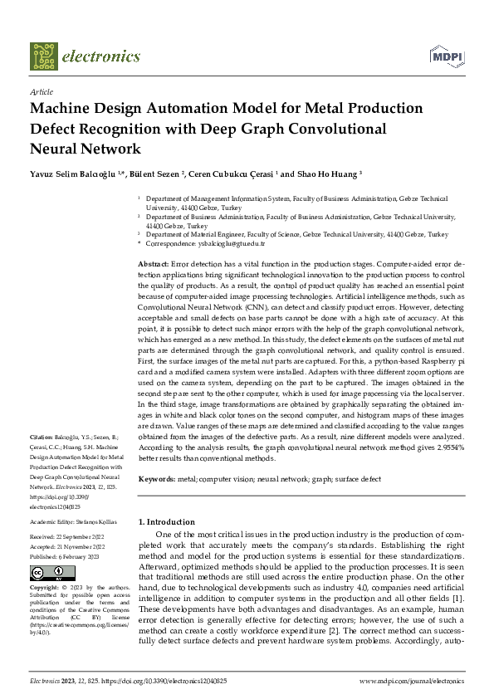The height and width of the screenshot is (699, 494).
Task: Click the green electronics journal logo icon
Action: [x=44, y=56]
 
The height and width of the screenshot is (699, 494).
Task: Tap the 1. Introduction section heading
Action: [x=167, y=521]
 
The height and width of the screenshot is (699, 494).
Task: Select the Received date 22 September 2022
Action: [x=77, y=538]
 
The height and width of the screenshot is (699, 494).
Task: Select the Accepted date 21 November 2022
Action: [x=76, y=547]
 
